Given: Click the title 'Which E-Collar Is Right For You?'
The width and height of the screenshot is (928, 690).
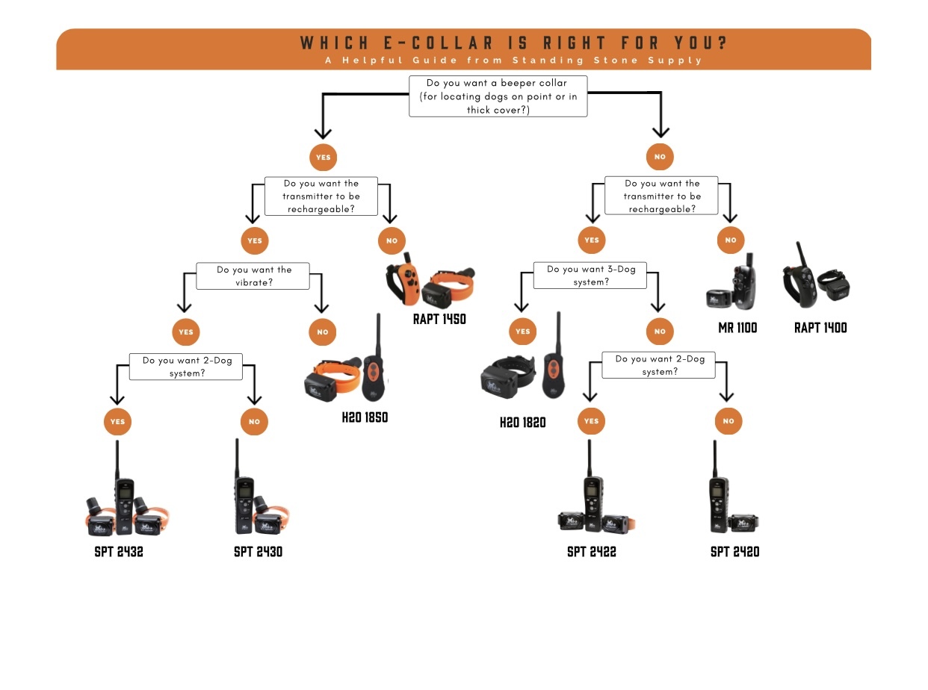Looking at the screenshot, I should pyautogui.click(x=514, y=43).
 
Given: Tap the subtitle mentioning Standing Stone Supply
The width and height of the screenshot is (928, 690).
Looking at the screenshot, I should pyautogui.click(x=514, y=60).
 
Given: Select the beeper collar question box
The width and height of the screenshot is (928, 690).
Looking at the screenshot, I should pyautogui.click(x=498, y=96).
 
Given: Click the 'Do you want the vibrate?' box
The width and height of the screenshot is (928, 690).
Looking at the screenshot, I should pyautogui.click(x=253, y=276).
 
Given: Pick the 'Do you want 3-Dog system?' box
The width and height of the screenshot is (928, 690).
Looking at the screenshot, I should pyautogui.click(x=590, y=276).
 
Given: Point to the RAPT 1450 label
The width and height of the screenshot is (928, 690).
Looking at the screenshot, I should pyautogui.click(x=439, y=319).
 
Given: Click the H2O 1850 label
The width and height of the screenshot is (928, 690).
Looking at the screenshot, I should pyautogui.click(x=365, y=417).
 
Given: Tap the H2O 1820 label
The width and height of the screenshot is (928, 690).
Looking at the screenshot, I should pyautogui.click(x=522, y=423).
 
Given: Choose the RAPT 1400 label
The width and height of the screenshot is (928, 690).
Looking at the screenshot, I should pyautogui.click(x=820, y=328).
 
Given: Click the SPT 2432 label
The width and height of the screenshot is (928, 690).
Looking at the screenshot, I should pyautogui.click(x=119, y=553).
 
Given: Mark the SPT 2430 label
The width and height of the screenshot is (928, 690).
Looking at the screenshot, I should pyautogui.click(x=258, y=553).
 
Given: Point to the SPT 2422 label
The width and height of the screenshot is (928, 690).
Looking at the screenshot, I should pyautogui.click(x=591, y=552).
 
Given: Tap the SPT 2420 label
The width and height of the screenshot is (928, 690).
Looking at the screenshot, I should pyautogui.click(x=734, y=552).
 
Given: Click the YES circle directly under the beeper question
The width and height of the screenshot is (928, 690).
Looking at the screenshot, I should pyautogui.click(x=324, y=158).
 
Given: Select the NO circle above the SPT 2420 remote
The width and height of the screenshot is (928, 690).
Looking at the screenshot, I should pyautogui.click(x=729, y=421).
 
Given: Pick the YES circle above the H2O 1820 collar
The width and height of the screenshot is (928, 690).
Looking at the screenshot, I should pyautogui.click(x=522, y=332).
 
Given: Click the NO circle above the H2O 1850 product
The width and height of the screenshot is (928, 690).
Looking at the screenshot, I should pyautogui.click(x=322, y=332).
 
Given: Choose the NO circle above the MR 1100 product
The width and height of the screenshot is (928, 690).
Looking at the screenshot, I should pyautogui.click(x=730, y=240).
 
